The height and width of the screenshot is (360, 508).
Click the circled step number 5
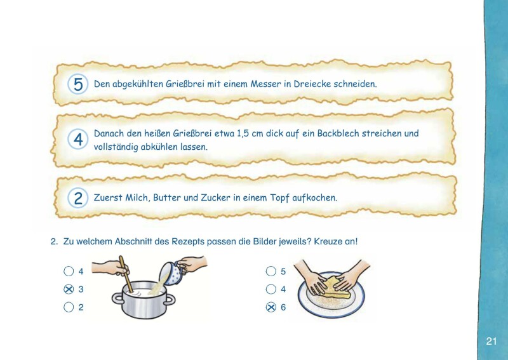(x=78, y=84)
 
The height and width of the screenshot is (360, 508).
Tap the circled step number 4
(x=78, y=140)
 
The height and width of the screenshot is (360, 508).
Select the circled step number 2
(x=78, y=198)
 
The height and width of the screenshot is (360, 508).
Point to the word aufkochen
(x=314, y=197)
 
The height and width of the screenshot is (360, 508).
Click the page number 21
(x=491, y=342)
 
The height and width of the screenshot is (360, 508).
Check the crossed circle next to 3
(x=69, y=290)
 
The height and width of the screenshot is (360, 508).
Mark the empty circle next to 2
(x=69, y=307)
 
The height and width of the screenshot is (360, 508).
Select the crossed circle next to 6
(x=271, y=307)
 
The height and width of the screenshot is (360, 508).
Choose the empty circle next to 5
(x=271, y=272)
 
